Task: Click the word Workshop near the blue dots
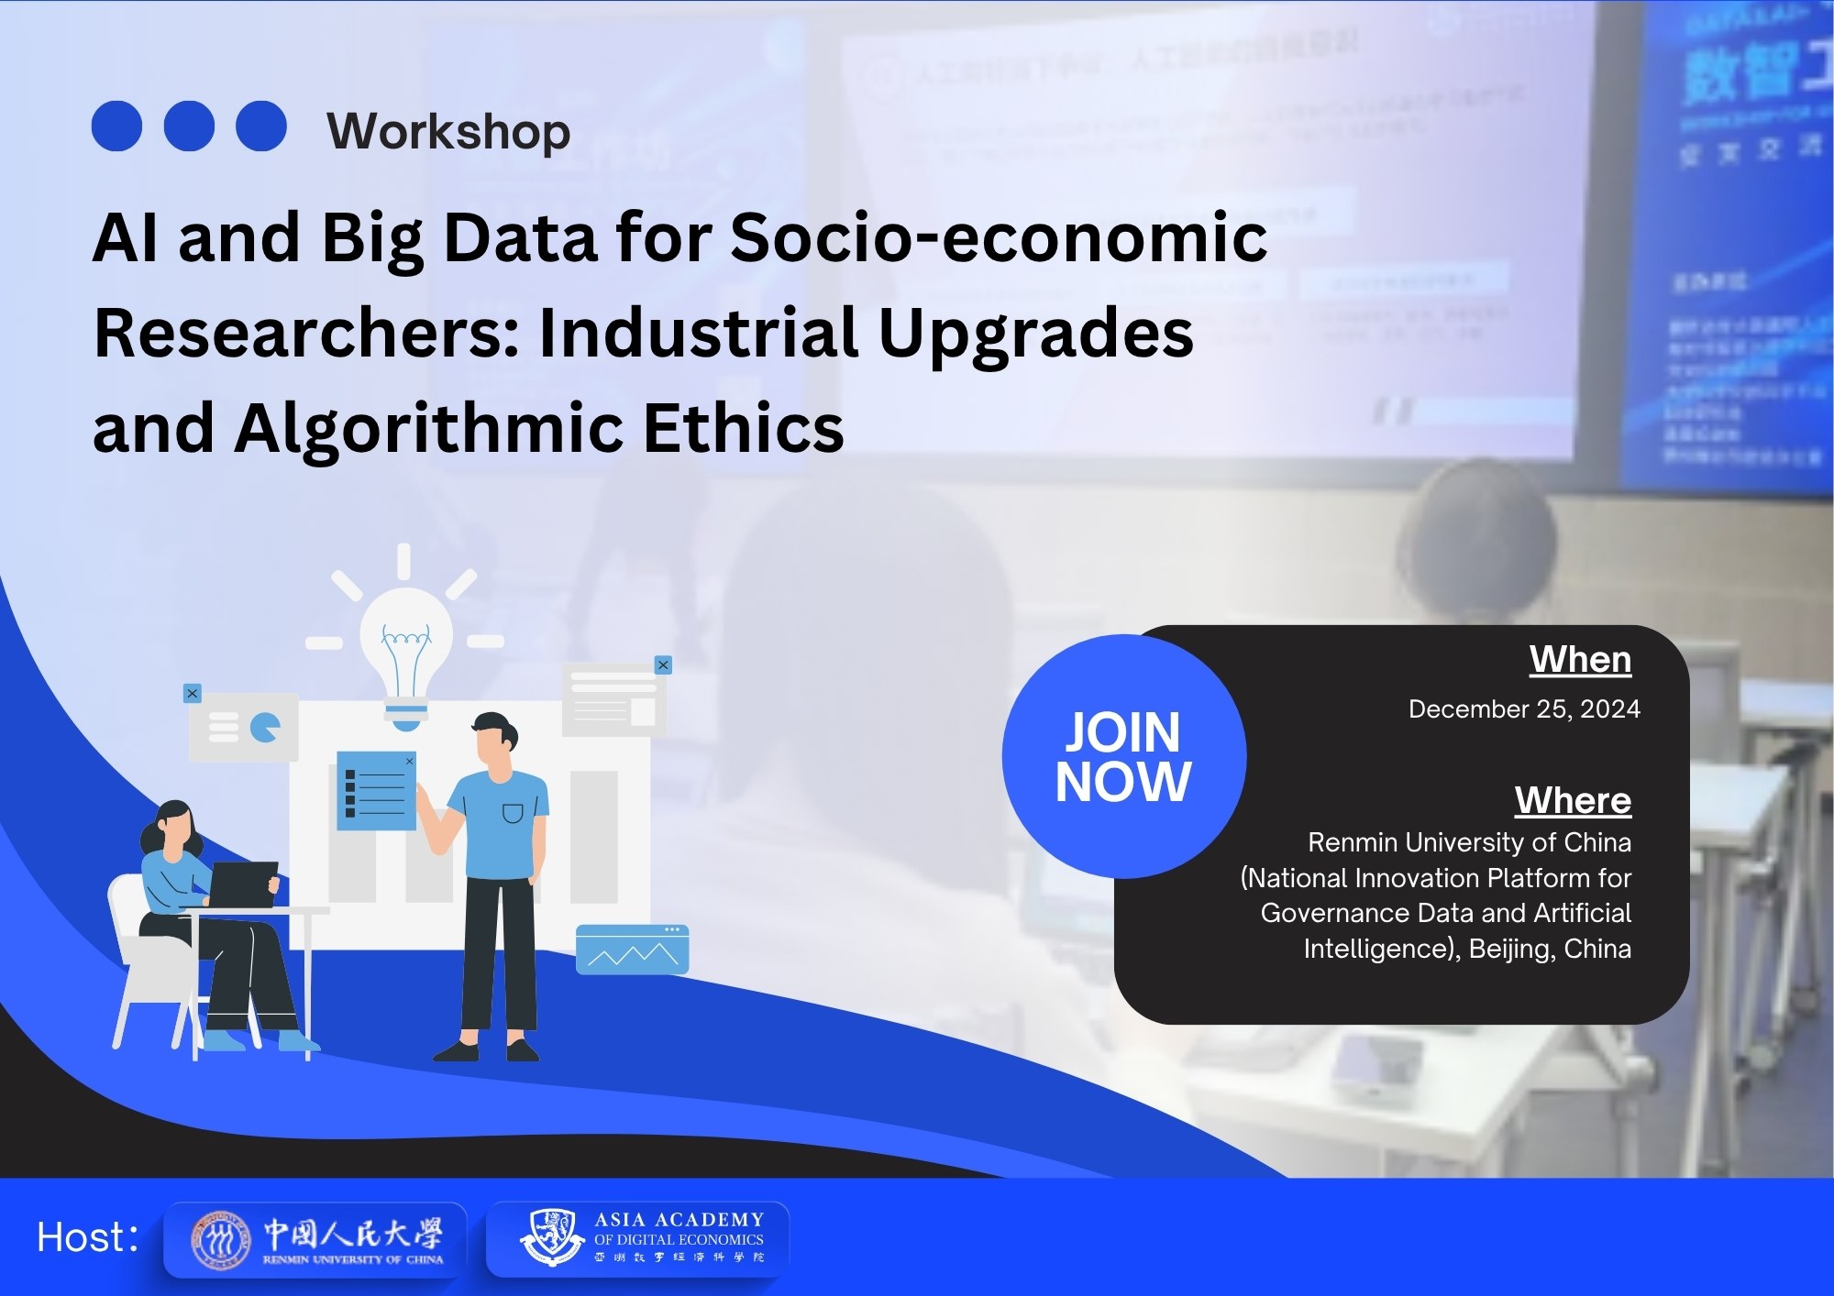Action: (448, 131)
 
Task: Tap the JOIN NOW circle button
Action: (1123, 756)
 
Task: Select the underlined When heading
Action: (1580, 660)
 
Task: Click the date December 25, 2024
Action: (1524, 709)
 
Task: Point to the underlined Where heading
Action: (1573, 800)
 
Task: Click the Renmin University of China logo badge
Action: (315, 1239)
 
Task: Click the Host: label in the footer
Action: (88, 1237)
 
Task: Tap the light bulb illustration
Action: (405, 651)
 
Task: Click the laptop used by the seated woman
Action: (243, 884)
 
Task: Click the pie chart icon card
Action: (244, 728)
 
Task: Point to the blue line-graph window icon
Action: (632, 950)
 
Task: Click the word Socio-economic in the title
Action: (998, 237)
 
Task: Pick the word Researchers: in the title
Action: (306, 333)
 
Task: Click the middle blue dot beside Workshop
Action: (189, 126)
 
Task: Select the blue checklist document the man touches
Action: (376, 790)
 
